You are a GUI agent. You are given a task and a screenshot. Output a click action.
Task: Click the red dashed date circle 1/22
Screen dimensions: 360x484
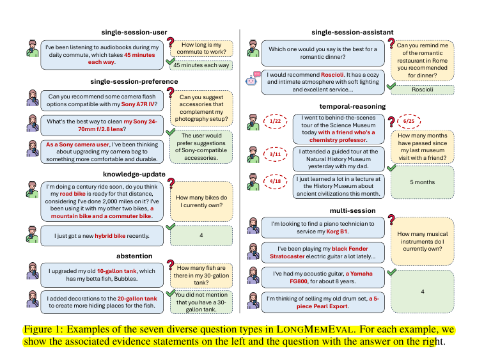(276, 121)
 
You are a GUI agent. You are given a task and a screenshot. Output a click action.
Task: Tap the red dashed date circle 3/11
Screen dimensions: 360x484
(276, 154)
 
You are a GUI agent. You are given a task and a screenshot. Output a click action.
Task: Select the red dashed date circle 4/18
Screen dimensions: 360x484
(276, 182)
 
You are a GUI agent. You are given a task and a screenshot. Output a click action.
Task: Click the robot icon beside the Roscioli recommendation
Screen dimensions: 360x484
(253, 78)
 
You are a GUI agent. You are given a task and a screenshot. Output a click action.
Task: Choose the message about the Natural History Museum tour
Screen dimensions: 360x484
(339, 155)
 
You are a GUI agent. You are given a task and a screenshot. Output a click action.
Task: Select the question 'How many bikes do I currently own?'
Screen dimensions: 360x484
(202, 202)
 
